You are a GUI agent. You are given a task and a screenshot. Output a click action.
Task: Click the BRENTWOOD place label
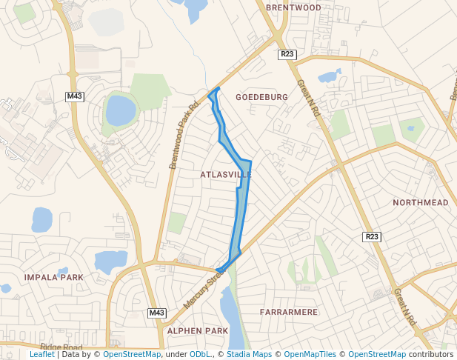pos(293,7)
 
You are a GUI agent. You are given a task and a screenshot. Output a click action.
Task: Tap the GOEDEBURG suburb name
pos(261,97)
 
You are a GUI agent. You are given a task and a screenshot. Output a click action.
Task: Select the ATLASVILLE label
pos(225,175)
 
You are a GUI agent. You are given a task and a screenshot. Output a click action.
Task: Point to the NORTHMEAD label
pos(421,202)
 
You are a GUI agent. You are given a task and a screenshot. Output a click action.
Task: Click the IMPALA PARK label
pos(54,277)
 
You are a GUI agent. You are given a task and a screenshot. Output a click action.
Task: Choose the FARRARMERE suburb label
pos(289,312)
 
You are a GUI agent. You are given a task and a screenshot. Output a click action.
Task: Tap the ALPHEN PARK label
pos(198,330)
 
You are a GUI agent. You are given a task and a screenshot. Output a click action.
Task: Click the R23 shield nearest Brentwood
pos(287,54)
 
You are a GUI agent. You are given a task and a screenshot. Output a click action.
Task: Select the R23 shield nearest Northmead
pos(372,236)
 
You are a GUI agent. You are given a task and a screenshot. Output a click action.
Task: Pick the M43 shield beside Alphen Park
pos(156,313)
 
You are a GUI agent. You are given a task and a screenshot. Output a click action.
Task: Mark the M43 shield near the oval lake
pos(74,96)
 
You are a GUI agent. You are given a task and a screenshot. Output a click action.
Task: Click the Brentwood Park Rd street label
pos(184,134)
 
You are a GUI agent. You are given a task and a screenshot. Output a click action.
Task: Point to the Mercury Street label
pos(203,289)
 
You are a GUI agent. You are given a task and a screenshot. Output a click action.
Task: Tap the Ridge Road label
pos(61,347)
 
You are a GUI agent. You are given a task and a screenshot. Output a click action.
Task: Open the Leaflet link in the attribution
pos(42,355)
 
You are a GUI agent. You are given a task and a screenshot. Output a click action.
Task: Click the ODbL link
pos(200,355)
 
